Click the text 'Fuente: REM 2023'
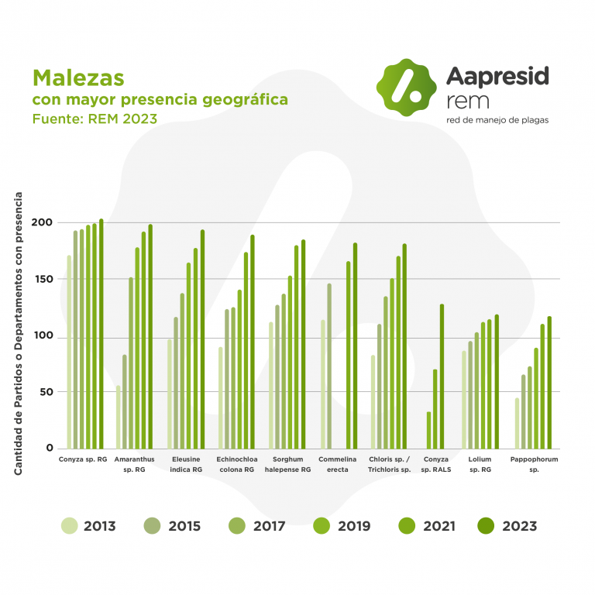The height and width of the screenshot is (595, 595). click(95, 119)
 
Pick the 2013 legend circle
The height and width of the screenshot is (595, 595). click(69, 526)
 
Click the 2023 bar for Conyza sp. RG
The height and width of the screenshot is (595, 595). click(101, 334)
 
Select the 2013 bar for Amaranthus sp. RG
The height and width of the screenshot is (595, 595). click(118, 417)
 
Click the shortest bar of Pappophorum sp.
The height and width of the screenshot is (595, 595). click(517, 423)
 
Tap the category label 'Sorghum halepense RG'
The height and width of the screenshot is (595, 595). click(287, 464)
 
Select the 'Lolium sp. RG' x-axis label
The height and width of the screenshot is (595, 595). click(480, 464)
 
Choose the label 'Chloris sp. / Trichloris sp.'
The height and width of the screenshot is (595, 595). click(389, 464)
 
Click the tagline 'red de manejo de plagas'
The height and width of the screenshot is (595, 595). click(497, 120)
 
